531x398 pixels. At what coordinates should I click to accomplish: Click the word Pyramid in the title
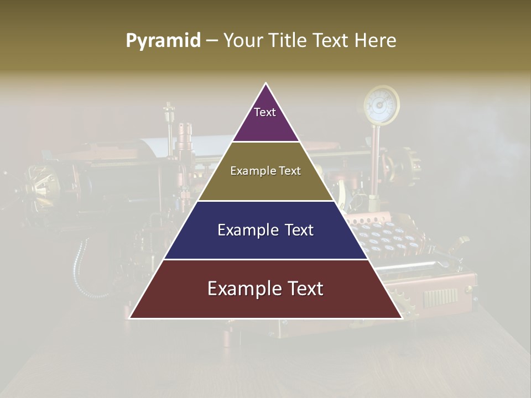point(163,41)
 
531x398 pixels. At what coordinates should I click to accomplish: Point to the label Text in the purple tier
point(264,112)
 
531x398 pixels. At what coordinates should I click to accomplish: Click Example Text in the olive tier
point(265,171)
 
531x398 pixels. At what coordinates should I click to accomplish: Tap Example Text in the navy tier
point(265,230)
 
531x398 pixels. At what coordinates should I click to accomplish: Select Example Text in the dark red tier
point(265,289)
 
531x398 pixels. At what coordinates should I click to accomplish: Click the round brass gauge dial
point(381,103)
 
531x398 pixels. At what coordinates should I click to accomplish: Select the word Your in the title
point(242,41)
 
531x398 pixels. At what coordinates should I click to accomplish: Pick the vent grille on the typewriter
point(440,297)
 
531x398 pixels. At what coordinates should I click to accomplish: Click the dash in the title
point(211,41)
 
